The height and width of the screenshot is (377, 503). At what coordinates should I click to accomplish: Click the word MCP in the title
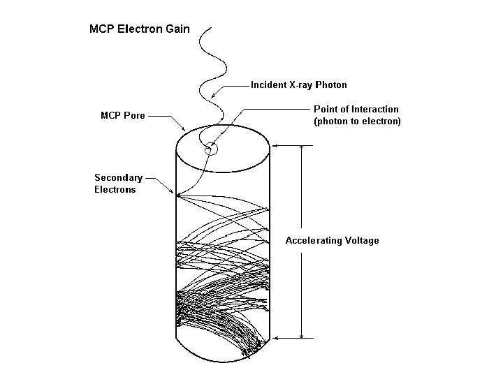pos(101,30)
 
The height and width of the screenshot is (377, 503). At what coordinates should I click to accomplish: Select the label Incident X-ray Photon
pos(299,85)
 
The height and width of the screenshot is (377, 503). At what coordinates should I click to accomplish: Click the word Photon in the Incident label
pos(331,85)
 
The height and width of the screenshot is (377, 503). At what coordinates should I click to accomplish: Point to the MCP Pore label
pos(124,115)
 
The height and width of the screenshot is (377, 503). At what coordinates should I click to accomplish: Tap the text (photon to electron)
pos(357,121)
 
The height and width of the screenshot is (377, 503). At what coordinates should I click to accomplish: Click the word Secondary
pos(118,178)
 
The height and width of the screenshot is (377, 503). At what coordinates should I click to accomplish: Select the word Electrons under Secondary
pos(115,189)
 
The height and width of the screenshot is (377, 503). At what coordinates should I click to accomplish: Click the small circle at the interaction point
pos(210,149)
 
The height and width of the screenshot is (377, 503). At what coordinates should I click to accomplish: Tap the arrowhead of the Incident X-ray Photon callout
pos(212,98)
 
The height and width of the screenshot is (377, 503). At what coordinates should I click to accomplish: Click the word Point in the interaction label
pos(326,109)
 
